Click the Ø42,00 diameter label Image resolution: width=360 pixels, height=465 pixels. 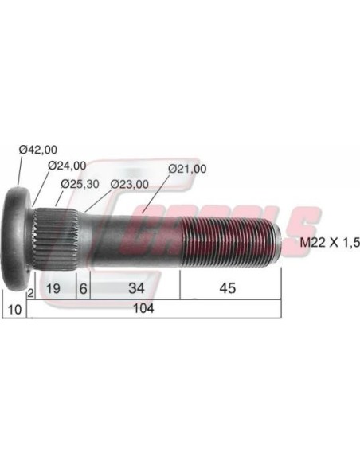(38, 150)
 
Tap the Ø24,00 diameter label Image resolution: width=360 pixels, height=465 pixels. (67, 166)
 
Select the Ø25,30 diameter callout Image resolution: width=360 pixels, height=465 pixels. (80, 184)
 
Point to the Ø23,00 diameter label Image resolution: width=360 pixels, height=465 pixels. (130, 184)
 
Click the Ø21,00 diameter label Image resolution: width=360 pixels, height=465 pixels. (187, 169)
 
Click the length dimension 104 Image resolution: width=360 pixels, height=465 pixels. (143, 308)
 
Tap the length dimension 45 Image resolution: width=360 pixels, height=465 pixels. (228, 288)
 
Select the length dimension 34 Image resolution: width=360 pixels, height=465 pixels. (137, 288)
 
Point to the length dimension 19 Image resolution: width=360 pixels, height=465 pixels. (53, 288)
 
